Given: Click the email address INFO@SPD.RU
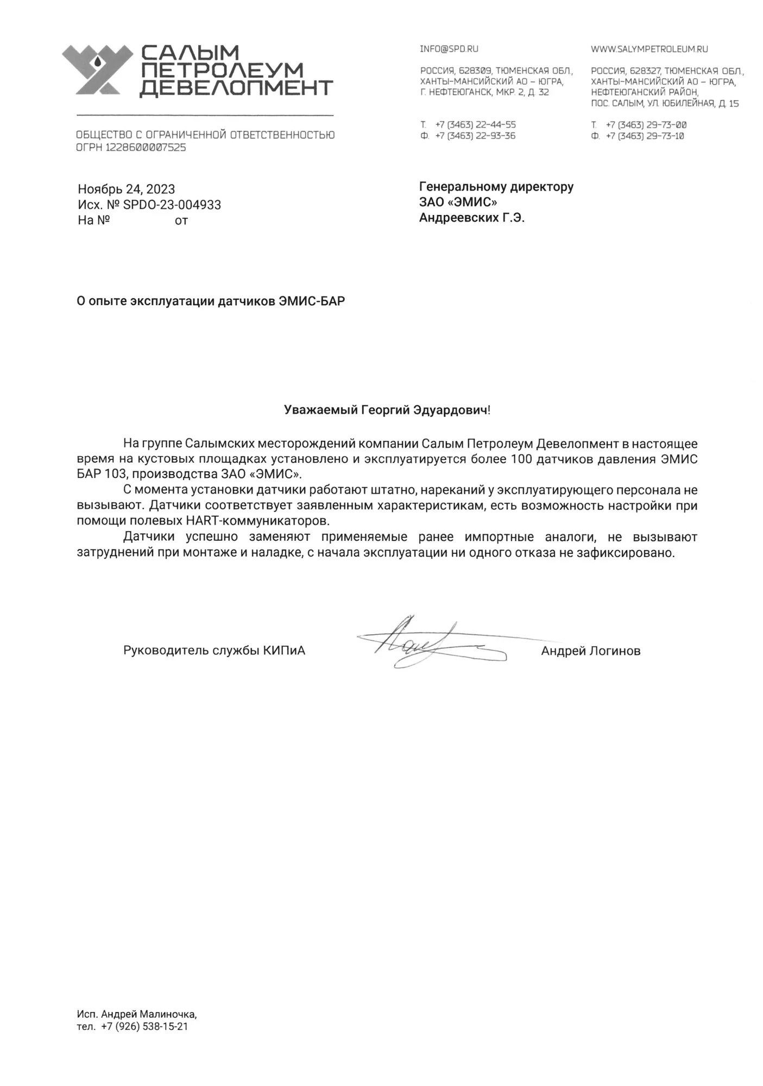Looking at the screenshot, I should tap(449, 49).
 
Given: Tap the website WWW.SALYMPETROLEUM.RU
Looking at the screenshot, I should tap(649, 49).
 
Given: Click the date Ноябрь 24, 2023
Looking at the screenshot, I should tap(126, 189).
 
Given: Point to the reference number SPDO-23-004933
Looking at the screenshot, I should tap(172, 205).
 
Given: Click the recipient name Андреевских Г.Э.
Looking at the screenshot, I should tap(471, 218).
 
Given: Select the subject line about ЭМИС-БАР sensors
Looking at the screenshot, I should tap(211, 301).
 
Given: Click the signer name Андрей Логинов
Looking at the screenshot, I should tap(590, 651).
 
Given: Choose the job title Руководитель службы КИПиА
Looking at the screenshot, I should tap(214, 651).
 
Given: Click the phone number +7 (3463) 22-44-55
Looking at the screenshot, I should tap(475, 125).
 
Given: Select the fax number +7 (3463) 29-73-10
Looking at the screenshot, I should tap(645, 136).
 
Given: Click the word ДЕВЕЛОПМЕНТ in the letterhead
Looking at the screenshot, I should tap(236, 88).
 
